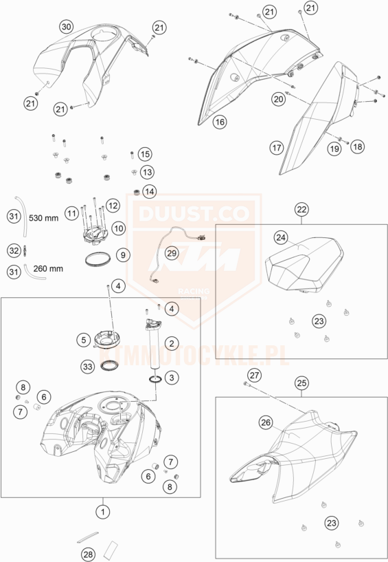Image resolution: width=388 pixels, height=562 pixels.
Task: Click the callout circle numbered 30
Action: tap(67, 27)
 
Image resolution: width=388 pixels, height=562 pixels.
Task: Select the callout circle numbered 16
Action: tap(220, 122)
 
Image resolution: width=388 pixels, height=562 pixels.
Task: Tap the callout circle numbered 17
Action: tap(277, 148)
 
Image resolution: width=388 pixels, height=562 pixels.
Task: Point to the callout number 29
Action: tap(172, 253)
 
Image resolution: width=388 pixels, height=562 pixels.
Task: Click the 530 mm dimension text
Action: tap(43, 218)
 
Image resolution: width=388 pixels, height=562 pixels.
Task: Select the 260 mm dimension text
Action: tap(48, 268)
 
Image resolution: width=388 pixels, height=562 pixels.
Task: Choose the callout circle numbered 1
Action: tap(103, 512)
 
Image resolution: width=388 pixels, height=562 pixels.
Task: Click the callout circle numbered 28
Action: tap(88, 554)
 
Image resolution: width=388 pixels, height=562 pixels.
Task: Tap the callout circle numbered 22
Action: tap(301, 209)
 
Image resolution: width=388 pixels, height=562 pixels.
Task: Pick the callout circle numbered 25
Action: tap(301, 382)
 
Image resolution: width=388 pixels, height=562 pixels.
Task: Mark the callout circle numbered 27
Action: tap(255, 376)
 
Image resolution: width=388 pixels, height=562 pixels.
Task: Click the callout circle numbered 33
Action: tap(88, 367)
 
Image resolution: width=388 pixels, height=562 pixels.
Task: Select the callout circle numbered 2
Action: tap(172, 343)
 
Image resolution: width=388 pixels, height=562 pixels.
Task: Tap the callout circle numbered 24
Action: tap(282, 237)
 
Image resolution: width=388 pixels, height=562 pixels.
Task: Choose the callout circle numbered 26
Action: tap(266, 422)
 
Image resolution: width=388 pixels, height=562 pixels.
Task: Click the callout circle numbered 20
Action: tap(279, 98)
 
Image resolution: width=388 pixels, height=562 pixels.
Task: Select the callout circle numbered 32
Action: tap(14, 250)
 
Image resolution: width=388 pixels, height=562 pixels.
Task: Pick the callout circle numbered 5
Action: tap(83, 340)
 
